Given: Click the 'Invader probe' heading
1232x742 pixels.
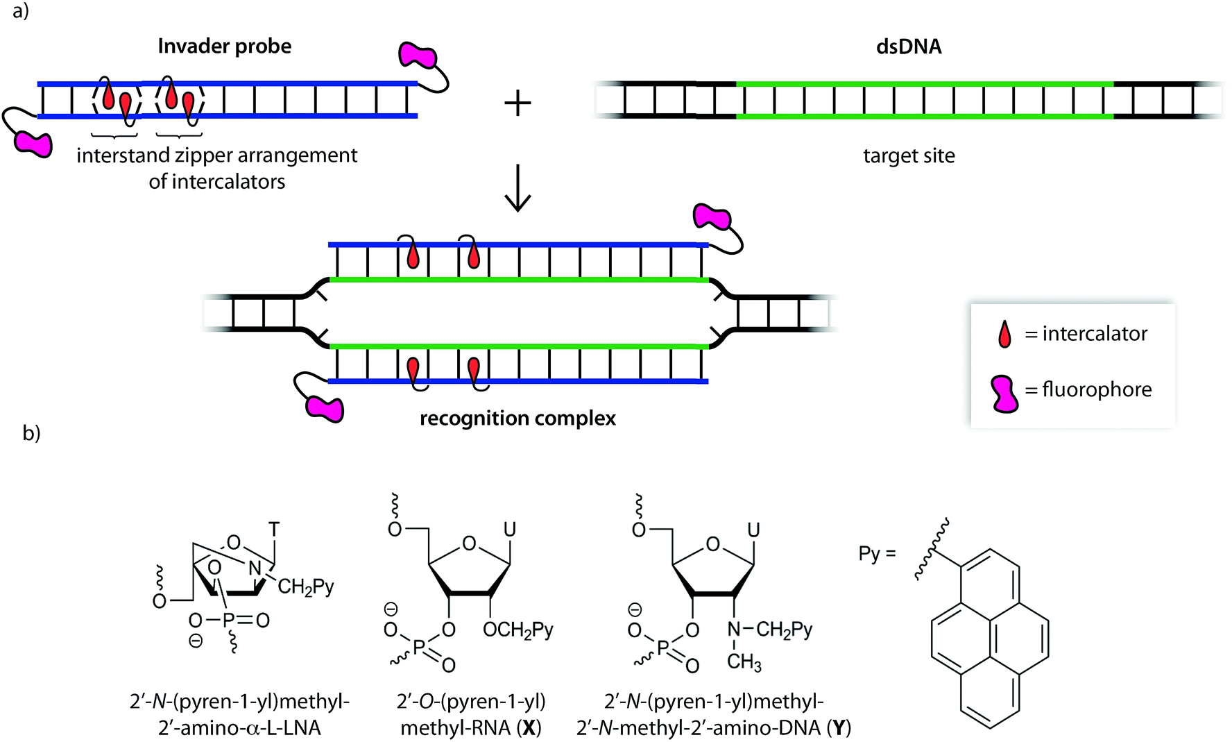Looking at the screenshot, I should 224,47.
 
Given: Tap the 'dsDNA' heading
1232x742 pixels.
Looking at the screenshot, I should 909,47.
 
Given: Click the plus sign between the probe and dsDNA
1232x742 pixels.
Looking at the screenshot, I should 517,104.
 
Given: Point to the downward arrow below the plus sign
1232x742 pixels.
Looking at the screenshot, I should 517,189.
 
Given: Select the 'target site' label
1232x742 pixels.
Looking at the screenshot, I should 909,155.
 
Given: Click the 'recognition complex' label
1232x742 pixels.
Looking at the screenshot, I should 517,419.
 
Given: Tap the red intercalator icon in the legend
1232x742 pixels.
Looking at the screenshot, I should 1004,334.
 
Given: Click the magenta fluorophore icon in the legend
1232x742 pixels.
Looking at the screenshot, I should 1004,394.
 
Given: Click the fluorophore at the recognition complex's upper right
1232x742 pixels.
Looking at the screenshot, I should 712,217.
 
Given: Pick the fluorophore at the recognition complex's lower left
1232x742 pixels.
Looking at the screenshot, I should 325,408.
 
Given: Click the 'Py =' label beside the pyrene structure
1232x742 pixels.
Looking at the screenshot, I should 877,554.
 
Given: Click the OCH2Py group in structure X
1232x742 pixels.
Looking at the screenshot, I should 517,630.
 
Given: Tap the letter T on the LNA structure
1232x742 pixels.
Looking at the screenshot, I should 274,530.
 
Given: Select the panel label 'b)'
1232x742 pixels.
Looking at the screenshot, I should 31,433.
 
